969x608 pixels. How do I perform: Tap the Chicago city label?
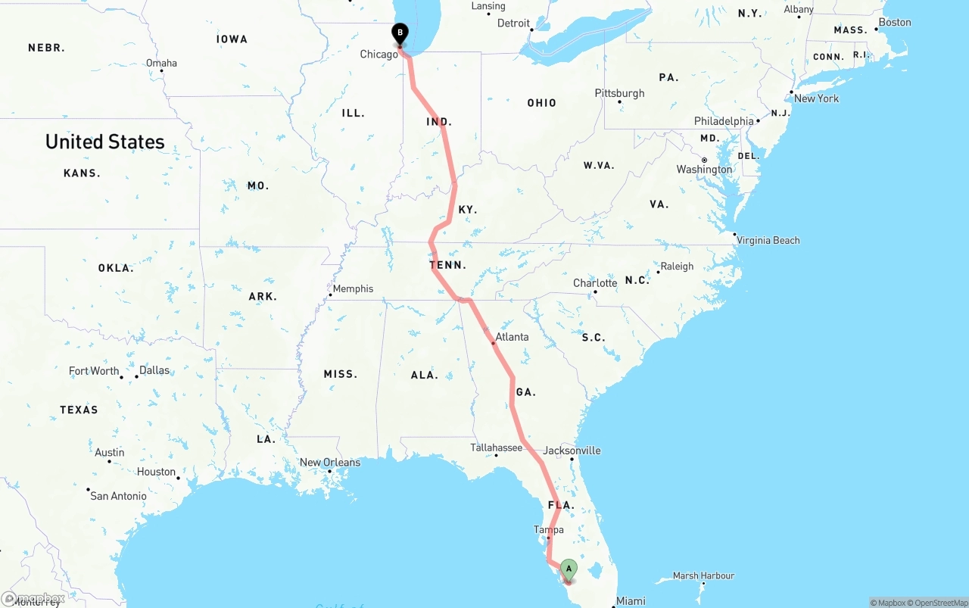(x=379, y=54)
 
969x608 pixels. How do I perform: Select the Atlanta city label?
(x=512, y=337)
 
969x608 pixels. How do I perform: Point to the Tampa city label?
(x=549, y=529)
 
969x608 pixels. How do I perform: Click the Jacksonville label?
(x=572, y=451)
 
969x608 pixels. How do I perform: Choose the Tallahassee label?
(x=496, y=447)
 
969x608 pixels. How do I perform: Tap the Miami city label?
(x=631, y=601)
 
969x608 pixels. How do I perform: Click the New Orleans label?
(x=330, y=463)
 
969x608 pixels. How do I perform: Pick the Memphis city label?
(x=353, y=288)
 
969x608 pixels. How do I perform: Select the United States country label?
(x=104, y=142)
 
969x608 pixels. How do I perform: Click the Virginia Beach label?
(x=768, y=240)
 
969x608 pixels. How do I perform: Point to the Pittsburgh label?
(x=619, y=93)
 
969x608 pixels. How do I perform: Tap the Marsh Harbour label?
(x=703, y=576)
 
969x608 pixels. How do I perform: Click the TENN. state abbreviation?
(x=448, y=265)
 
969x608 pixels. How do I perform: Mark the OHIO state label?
(x=541, y=103)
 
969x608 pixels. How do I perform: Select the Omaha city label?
(x=161, y=63)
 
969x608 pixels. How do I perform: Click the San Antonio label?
(x=118, y=496)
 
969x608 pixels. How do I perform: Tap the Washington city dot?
(x=704, y=160)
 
